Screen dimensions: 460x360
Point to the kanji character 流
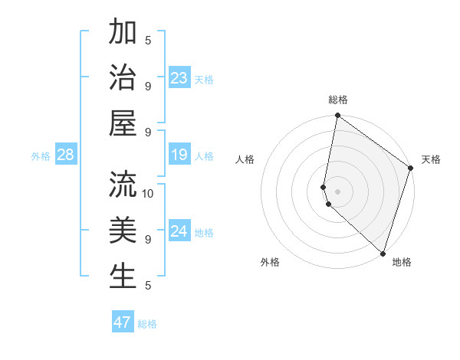pos(123,185)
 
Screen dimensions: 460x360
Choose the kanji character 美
pos(123,231)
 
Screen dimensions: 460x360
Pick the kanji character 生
pos(123,277)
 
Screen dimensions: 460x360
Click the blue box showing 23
pos(179,78)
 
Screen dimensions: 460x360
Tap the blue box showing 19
pos(179,155)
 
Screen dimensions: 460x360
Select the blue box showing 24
pos(179,232)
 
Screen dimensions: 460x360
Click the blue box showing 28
pos(65,155)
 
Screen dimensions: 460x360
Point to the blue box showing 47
pos(123,322)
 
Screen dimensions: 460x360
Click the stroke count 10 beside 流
pos(148,193)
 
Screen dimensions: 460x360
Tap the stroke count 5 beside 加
pos(148,40)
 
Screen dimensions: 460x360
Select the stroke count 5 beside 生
pos(148,286)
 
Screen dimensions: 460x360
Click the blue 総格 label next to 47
pos(147,324)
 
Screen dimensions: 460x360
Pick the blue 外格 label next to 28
pos(41,156)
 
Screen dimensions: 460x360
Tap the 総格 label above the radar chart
pos(338,100)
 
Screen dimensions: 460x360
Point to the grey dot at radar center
pos(338,191)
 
